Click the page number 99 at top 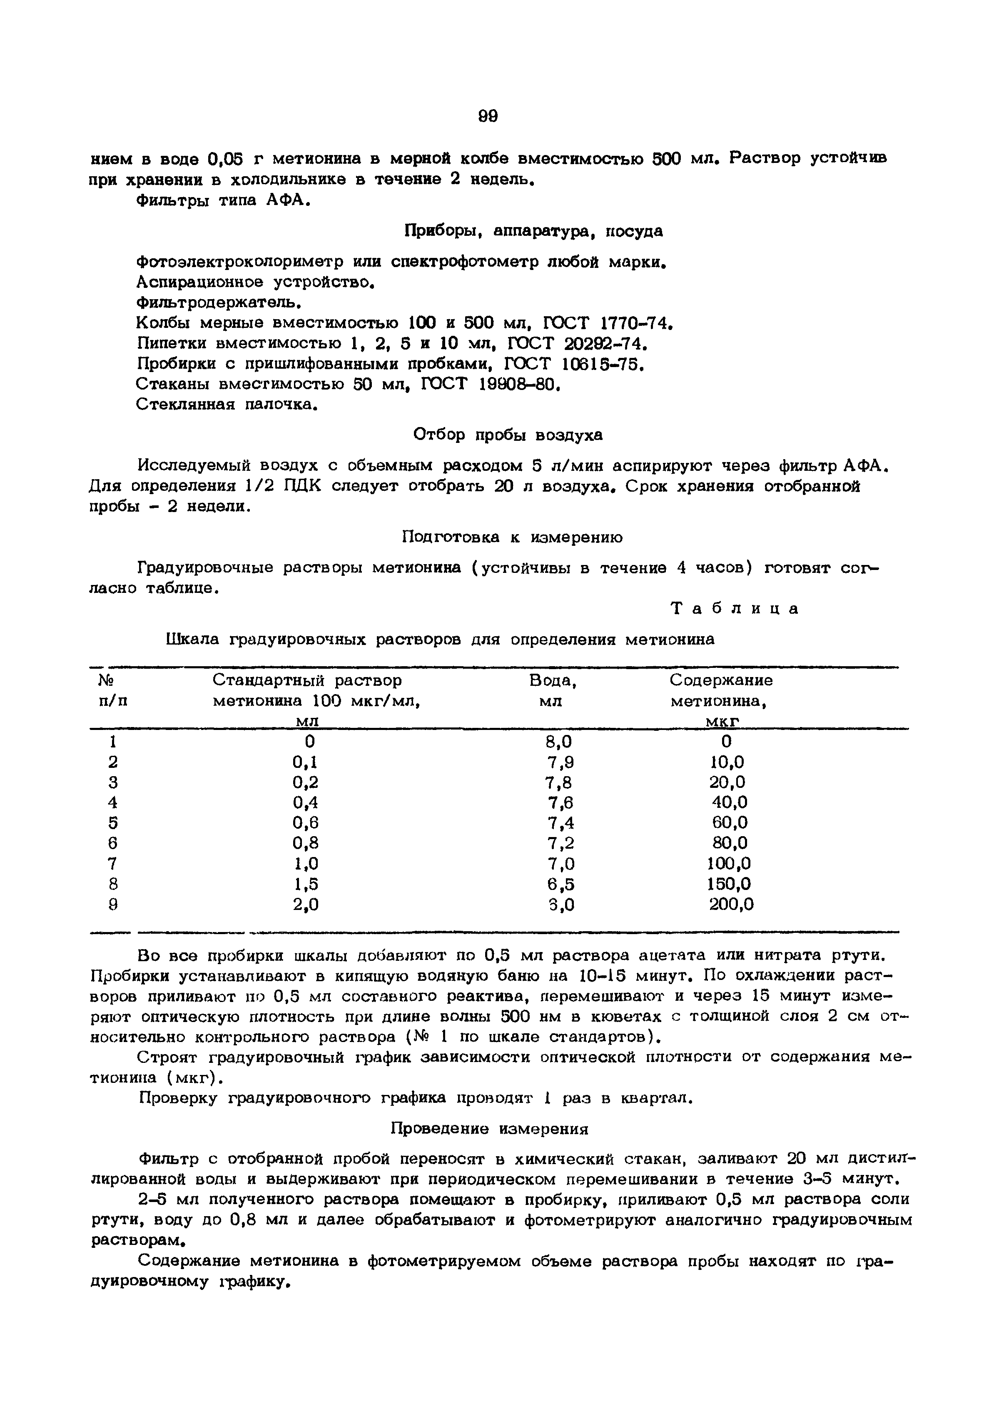click(x=487, y=116)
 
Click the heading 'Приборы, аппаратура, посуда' click(x=533, y=231)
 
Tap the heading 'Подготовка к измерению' click(x=512, y=537)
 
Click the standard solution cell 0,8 click(x=305, y=843)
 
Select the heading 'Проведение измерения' click(x=490, y=1129)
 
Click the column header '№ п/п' click(x=112, y=691)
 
